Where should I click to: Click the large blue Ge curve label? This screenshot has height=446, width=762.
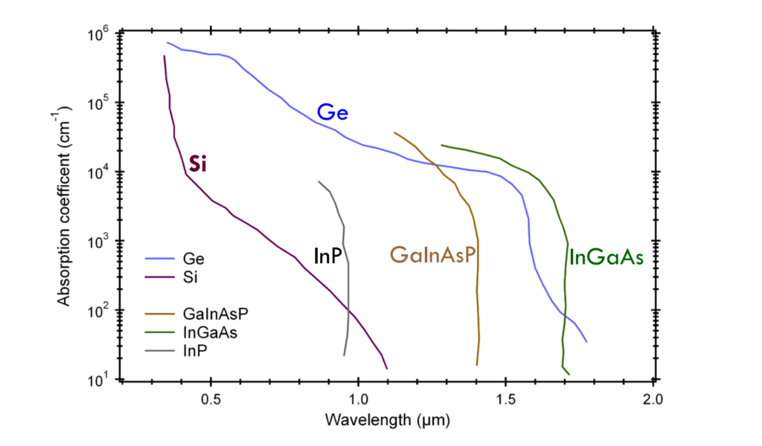coord(332,113)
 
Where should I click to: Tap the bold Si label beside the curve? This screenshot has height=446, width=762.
coord(197,164)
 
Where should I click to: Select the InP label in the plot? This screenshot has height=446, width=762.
coord(327,256)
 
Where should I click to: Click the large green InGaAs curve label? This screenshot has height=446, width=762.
coord(605,258)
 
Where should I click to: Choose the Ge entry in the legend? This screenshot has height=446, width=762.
coord(193,259)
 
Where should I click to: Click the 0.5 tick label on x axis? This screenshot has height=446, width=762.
coord(211,398)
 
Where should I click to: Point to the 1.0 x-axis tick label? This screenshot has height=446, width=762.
coord(358,398)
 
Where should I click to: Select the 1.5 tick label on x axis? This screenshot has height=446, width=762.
coord(505,398)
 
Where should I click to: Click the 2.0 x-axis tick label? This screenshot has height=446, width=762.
coord(652,398)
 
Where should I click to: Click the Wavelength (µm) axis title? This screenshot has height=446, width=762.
coord(387,420)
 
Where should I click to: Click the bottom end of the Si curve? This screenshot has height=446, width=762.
coord(387,368)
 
